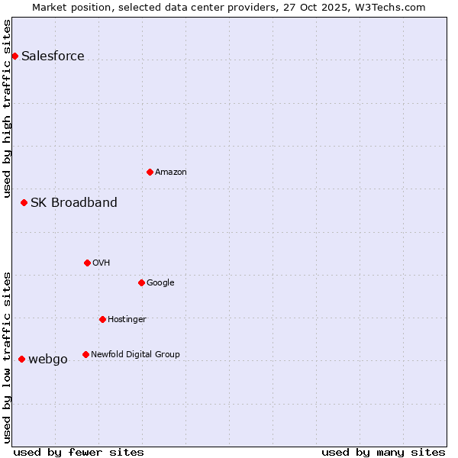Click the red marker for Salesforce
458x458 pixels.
[15, 56]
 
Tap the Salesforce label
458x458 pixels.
[53, 56]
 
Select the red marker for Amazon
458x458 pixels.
[150, 172]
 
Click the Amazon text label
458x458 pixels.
[171, 173]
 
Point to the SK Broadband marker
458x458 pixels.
[24, 202]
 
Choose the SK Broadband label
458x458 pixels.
[74, 202]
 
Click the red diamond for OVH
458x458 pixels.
[87, 263]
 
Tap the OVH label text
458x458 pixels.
[102, 263]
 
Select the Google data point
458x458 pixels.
[141, 282]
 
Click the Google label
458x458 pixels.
[160, 283]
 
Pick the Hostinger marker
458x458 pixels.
[102, 319]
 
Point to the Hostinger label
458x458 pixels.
[127, 319]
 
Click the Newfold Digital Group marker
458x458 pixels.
[85, 354]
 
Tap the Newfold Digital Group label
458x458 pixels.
[135, 354]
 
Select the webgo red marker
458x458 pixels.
[21, 359]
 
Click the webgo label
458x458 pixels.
[48, 360]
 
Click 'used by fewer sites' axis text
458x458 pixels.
[79, 452]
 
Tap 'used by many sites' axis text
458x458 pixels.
[383, 452]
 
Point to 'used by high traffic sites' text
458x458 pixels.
[7, 108]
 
